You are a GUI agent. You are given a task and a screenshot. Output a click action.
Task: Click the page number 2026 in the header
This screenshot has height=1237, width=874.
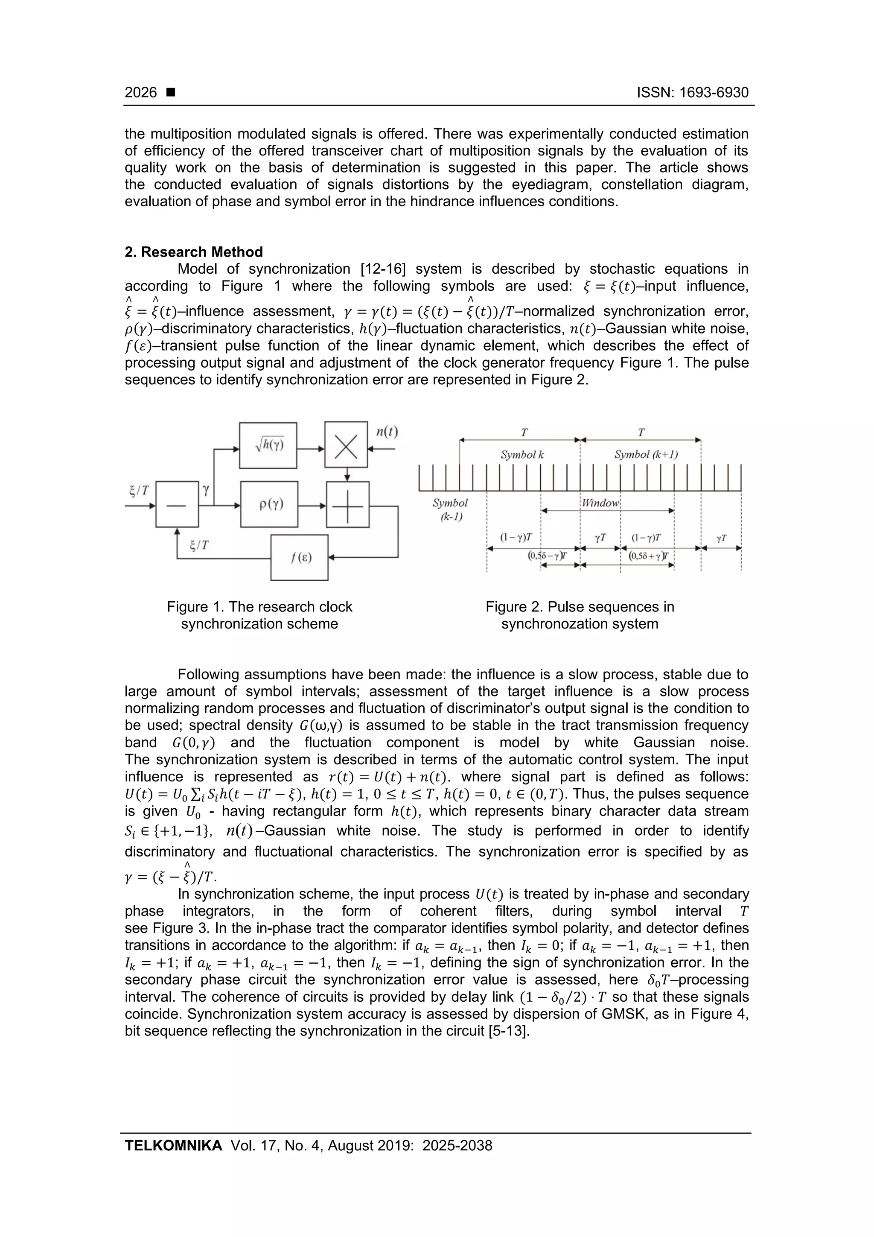click(140, 93)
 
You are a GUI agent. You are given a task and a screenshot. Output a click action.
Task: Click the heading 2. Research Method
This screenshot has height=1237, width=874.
click(194, 252)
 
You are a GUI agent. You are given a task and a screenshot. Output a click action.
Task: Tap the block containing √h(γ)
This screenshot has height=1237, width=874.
click(268, 445)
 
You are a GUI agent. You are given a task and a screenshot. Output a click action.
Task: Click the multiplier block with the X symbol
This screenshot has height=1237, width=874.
click(346, 445)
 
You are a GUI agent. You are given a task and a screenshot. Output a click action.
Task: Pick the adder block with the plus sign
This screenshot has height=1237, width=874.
click(347, 505)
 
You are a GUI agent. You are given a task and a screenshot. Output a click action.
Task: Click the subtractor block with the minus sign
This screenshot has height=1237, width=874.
click(177, 505)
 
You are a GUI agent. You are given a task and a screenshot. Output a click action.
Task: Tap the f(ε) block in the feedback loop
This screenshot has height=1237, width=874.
click(300, 558)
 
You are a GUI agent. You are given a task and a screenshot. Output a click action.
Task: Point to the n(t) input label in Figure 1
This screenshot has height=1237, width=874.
click(387, 432)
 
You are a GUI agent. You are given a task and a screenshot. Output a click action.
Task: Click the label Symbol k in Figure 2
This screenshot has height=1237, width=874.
click(522, 455)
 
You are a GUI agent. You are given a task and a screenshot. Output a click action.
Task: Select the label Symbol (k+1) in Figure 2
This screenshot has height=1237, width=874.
click(646, 455)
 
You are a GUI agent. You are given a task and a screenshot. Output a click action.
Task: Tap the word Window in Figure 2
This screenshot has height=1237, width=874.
click(600, 503)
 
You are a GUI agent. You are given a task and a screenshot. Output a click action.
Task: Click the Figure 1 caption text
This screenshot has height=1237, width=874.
click(259, 615)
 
